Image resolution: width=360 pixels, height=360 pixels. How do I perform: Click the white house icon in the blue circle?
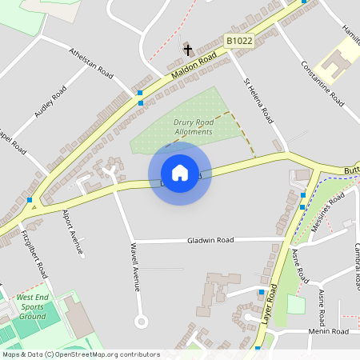(179, 173)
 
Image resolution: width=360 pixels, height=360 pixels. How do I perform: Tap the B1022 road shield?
(239, 40)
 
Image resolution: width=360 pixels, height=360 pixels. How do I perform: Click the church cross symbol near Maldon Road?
(188, 50)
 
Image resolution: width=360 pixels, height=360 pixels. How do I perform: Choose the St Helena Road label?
(259, 101)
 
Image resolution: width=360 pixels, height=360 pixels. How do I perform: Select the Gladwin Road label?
(210, 239)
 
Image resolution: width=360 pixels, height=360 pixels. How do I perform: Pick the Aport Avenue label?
(73, 233)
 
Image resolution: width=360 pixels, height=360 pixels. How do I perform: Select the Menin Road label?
(329, 330)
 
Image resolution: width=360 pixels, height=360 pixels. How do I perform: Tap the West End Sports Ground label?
(32, 306)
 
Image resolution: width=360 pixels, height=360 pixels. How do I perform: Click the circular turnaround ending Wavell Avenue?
(142, 322)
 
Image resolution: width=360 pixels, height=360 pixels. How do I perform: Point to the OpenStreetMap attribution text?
(81, 354)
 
